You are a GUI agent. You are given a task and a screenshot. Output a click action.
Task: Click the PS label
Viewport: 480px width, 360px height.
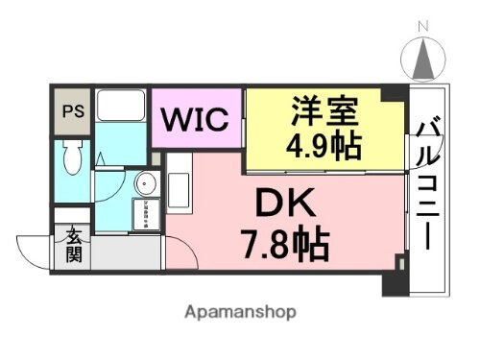tap(71, 110)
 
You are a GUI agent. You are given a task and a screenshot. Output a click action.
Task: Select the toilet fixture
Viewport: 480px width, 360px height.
tap(71, 158)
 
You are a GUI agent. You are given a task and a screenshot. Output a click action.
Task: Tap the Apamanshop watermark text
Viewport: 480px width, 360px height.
tap(240, 312)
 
